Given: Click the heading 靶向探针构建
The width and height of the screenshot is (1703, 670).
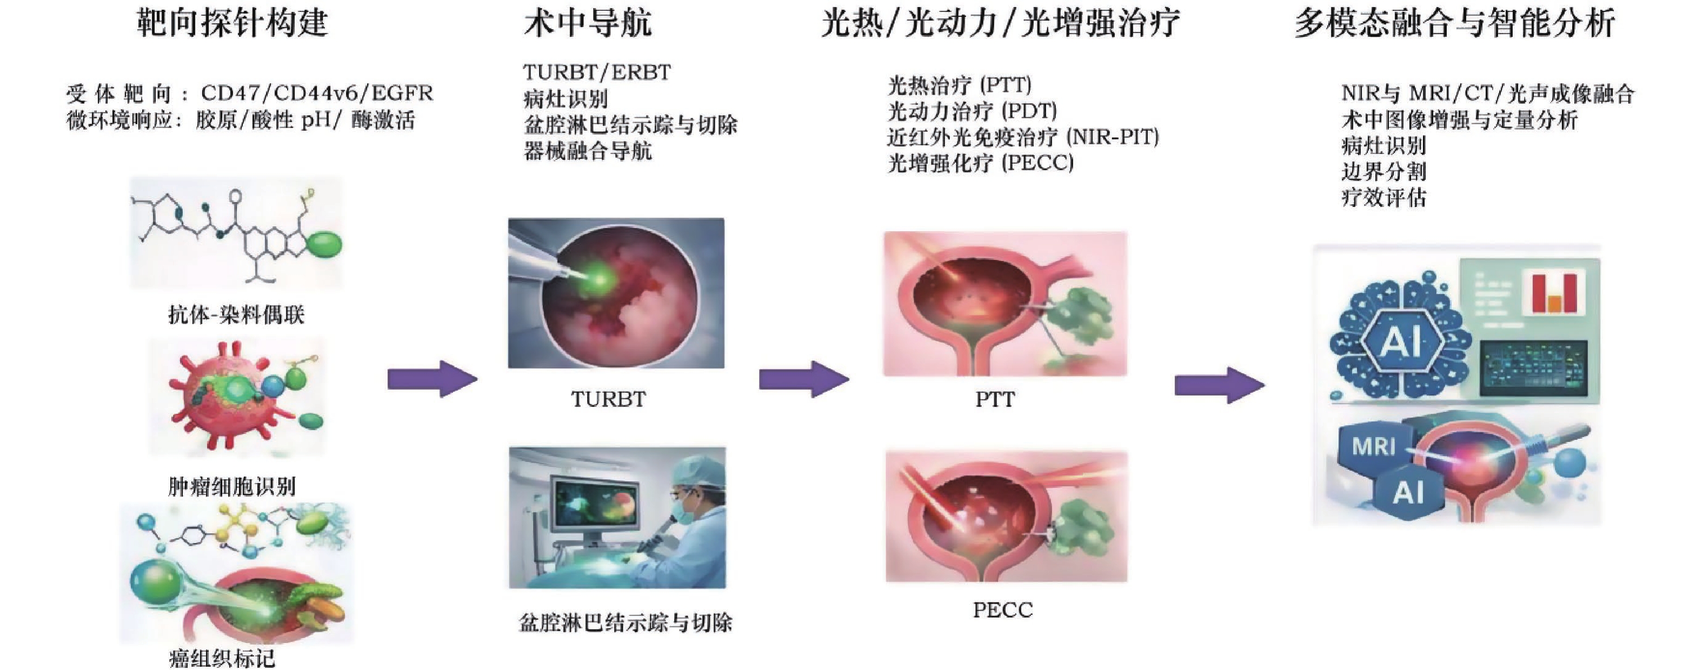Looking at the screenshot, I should point(232,23).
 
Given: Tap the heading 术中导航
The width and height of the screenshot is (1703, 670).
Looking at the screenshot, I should point(588,23).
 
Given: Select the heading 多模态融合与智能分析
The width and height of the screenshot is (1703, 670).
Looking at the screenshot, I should point(1455,23).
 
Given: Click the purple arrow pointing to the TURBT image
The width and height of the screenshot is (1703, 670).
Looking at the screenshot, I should point(432,379).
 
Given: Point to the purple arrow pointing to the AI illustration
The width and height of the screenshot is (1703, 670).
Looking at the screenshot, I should point(1219,385).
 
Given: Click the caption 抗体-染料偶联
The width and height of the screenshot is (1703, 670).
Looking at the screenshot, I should point(236,314).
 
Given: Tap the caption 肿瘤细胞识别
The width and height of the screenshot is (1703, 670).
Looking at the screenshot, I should point(231,487).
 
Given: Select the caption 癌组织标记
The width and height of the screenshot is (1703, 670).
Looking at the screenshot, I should point(222,658).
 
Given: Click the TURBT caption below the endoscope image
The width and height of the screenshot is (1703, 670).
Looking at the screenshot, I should point(608,399).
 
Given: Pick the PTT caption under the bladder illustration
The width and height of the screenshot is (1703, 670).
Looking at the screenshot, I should point(995,399).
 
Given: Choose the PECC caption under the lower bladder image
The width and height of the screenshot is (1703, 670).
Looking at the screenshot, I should point(1002,609).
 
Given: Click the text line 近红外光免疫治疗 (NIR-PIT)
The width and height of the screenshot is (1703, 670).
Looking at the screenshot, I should point(1023,137).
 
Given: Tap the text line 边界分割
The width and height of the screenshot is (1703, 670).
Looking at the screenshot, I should point(1383,172).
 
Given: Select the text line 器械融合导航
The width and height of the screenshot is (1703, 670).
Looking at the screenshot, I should point(588,151).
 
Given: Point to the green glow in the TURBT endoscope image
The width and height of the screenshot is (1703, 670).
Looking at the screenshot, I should point(595,278).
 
